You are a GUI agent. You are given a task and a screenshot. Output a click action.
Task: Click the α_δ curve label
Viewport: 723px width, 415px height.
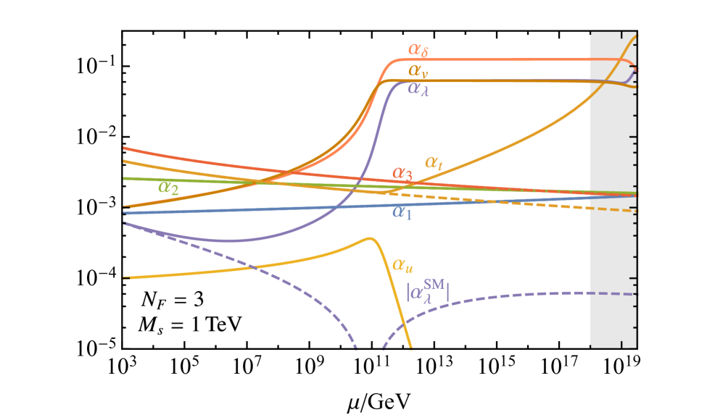point(418,50)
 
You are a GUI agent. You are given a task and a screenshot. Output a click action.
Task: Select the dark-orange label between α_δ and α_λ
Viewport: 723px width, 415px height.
point(416,70)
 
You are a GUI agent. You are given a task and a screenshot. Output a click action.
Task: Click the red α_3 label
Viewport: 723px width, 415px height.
point(402,174)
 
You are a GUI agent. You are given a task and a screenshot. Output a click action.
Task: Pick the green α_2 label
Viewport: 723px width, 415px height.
point(169,188)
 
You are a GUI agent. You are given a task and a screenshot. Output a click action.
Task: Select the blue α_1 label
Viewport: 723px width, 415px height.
point(402,212)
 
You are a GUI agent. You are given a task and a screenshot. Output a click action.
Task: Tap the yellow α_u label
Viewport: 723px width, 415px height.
point(403,264)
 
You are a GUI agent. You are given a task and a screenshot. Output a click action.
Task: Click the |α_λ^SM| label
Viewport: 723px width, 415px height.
point(428,291)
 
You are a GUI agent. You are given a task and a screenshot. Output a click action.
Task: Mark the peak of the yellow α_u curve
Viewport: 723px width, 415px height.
point(369,238)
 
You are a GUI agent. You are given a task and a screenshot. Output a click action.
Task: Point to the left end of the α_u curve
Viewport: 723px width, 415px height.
point(125,277)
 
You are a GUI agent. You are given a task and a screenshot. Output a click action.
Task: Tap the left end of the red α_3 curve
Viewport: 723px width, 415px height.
point(125,148)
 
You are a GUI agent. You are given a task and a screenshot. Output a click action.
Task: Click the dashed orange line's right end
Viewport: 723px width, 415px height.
point(636,210)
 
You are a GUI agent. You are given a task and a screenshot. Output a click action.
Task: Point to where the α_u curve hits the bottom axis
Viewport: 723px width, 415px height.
point(410,347)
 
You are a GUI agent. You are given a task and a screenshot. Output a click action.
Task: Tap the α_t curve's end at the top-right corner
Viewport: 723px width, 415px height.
point(636,35)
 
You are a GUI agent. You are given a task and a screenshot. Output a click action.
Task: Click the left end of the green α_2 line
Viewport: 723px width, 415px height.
point(125,177)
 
